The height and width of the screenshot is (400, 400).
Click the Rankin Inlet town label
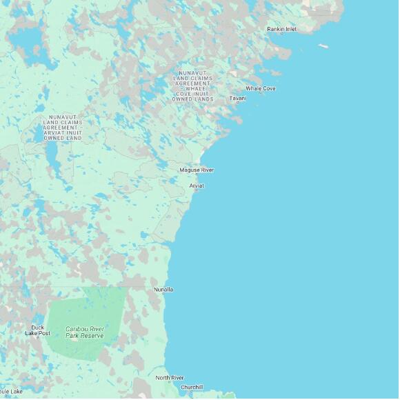281,29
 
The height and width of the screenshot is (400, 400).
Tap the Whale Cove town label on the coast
261,88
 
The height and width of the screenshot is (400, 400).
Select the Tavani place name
237,99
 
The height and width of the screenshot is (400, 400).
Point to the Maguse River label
197,170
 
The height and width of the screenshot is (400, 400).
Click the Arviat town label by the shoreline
197,186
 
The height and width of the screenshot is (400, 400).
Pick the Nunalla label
163,290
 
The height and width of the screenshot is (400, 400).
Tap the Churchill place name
192,388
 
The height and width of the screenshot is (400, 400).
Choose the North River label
170,378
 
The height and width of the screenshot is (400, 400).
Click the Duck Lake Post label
37,330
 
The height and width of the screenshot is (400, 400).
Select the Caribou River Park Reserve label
85,332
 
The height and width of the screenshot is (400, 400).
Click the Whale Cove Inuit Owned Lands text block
192,86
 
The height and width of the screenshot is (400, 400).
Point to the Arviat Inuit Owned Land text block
63,128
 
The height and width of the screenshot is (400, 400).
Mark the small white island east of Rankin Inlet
323,46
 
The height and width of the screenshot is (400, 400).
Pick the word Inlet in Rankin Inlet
291,29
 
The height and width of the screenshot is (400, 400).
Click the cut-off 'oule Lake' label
11,392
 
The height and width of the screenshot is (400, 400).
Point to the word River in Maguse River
207,170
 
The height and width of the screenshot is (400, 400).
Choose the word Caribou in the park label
75,328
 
